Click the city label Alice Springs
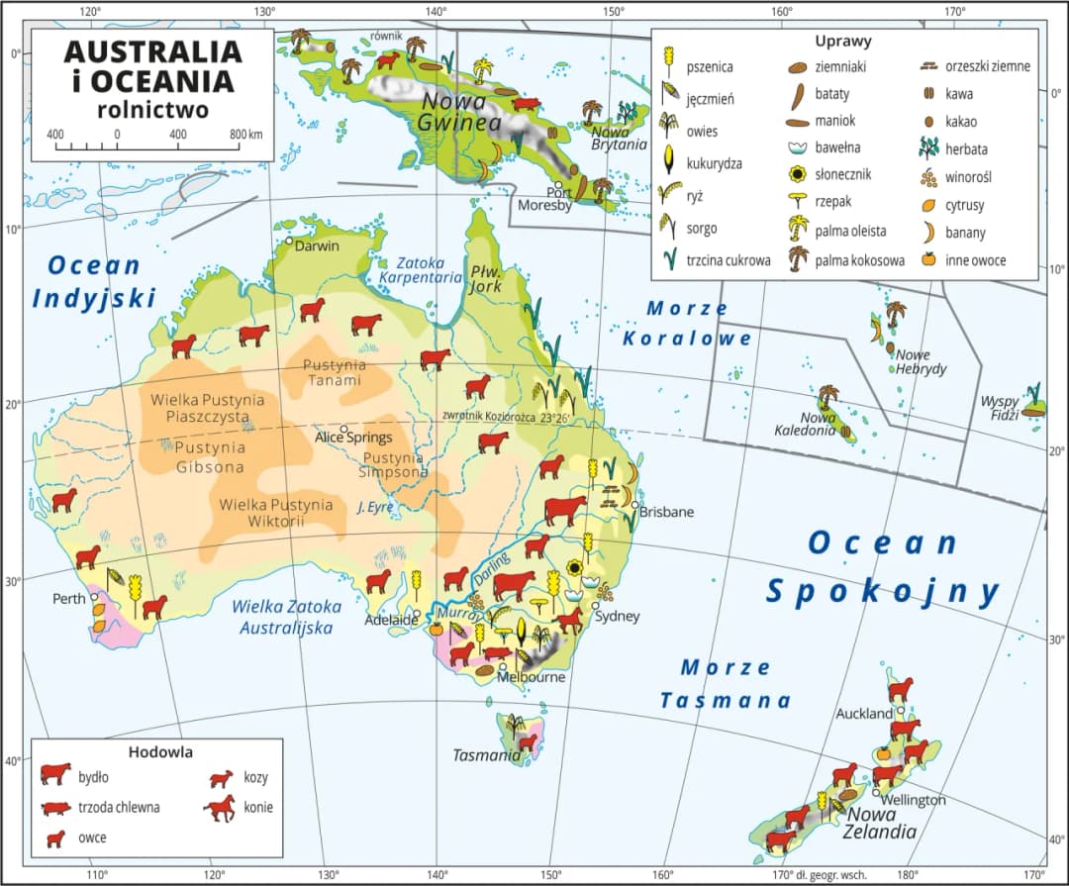point(353,437)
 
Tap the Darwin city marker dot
point(289,241)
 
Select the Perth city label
point(70,599)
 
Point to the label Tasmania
point(486,755)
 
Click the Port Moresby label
point(544,199)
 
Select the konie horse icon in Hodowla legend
point(220,808)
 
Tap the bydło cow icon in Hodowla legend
point(56,773)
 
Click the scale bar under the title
point(147,148)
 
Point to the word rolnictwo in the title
point(152,109)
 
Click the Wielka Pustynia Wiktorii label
point(276,513)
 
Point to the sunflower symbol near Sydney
point(574,568)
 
